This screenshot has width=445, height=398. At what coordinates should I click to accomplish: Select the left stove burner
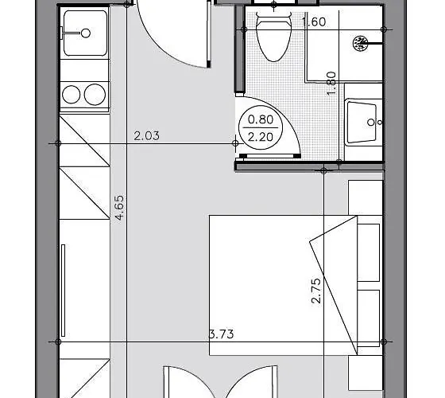(73, 95)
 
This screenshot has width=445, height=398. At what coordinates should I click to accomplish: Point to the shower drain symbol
(361, 41)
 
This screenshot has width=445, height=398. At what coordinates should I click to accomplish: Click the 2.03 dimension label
(146, 135)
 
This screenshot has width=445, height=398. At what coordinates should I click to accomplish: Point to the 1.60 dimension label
(315, 21)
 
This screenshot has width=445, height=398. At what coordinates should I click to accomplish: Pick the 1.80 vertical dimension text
(333, 82)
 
